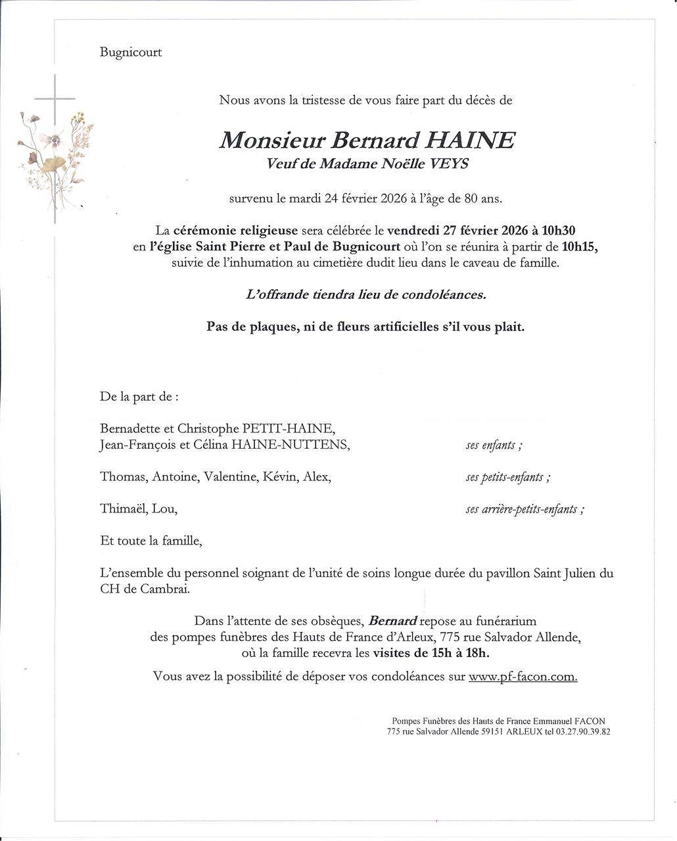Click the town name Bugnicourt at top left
(131, 53)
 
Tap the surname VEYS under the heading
(450, 164)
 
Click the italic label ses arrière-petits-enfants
(524, 509)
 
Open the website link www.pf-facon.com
(523, 676)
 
